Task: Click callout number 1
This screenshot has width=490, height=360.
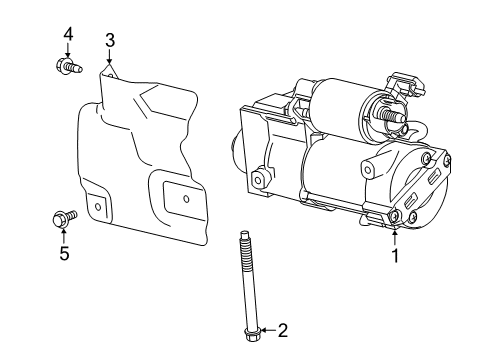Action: pyautogui.click(x=394, y=256)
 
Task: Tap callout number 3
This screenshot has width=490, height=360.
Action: pyautogui.click(x=110, y=40)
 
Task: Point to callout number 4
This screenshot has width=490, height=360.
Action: pyautogui.click(x=68, y=35)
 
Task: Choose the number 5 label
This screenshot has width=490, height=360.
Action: pyautogui.click(x=64, y=254)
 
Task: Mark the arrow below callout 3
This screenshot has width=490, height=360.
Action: pyautogui.click(x=110, y=60)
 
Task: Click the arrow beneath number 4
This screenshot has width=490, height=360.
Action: pyautogui.click(x=68, y=52)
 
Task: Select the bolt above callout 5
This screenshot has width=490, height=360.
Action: pyautogui.click(x=61, y=217)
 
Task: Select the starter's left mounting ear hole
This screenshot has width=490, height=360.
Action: pyautogui.click(x=259, y=180)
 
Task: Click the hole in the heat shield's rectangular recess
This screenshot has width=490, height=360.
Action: pyautogui.click(x=187, y=197)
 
